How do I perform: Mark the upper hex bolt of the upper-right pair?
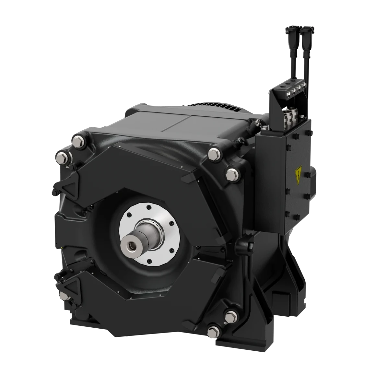214,154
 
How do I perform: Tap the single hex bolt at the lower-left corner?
63,296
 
